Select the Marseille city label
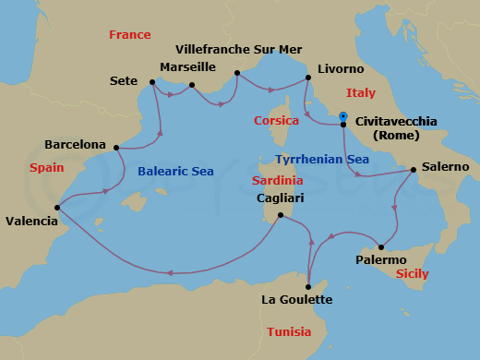coord(187,67)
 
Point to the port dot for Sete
coord(151,81)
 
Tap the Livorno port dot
coord(306,78)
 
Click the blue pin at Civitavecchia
coord(342,116)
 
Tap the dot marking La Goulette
coord(308,286)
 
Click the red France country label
coord(129,35)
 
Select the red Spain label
coord(46,168)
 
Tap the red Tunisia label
coord(288,331)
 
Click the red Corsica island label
coord(276,120)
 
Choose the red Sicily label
coord(411,274)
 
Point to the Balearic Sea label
coord(176,171)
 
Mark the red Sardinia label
coord(277,180)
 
